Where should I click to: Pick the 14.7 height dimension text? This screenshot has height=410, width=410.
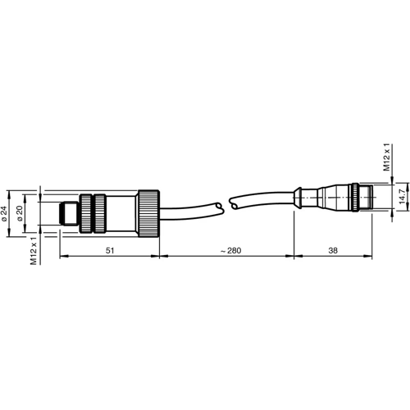pyautogui.click(x=402, y=198)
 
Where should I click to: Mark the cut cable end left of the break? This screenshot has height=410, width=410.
pyautogui.click(x=218, y=204)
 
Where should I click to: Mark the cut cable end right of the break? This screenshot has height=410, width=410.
pyautogui.click(x=235, y=200)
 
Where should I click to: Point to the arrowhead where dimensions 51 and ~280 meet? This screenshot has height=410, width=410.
pyautogui.click(x=158, y=257)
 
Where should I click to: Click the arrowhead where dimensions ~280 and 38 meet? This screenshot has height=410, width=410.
pyautogui.click(x=294, y=257)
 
